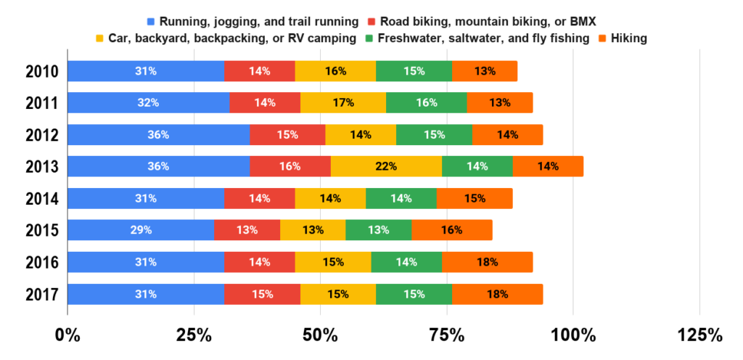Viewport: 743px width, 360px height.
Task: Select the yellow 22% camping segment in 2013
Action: point(386,166)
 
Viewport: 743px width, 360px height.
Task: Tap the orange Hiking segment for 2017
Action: point(497,294)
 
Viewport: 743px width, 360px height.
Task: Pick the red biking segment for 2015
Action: point(247,230)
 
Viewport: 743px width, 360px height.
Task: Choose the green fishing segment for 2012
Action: point(434,134)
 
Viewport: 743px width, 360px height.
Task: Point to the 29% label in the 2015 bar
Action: point(141,230)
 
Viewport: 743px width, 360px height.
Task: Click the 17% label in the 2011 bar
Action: point(343,103)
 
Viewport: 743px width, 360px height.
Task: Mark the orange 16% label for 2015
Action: point(453,230)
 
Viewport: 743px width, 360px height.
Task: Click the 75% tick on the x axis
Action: point(447,336)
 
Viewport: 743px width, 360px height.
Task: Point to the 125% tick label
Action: point(699,336)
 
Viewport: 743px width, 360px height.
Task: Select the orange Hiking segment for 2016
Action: point(487,262)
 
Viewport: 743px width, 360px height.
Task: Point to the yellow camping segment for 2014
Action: point(330,198)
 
